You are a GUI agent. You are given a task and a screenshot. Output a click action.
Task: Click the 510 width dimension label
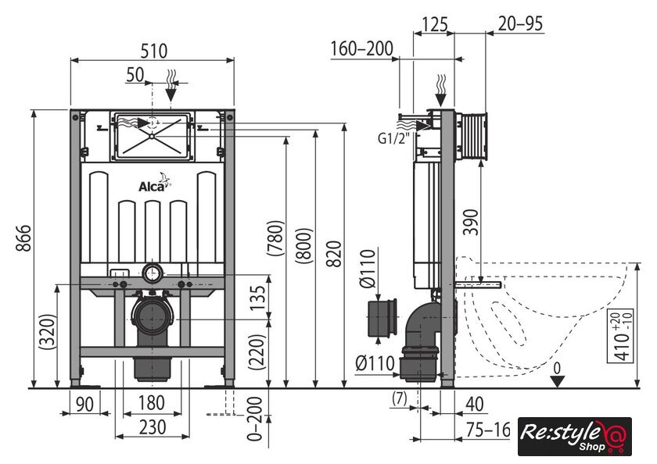154,51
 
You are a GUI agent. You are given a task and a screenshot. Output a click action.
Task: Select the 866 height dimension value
24,238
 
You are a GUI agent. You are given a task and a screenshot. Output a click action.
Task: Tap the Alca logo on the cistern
154,184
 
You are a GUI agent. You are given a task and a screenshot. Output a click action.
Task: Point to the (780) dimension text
276,237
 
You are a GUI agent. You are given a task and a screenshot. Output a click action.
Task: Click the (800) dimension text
304,245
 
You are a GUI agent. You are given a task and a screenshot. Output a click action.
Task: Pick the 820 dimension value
334,254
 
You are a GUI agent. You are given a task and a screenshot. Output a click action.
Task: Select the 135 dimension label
258,298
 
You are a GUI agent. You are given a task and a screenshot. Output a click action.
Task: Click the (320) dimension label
47,331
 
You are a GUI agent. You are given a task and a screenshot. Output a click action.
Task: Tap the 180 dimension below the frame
151,403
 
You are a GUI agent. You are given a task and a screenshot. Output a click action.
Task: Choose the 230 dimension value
153,427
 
